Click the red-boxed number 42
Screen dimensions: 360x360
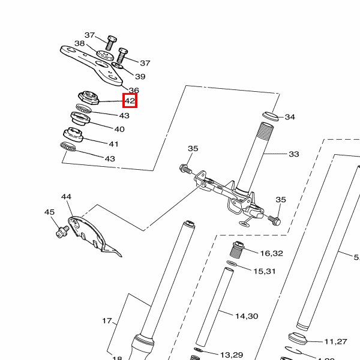130,101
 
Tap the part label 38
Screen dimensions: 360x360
80,44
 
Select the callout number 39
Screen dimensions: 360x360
140,77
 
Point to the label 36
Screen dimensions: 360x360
133,90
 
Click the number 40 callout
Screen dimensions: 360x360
119,129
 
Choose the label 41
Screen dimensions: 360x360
113,144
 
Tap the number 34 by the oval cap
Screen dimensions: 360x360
290,117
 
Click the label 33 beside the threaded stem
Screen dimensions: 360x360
293,154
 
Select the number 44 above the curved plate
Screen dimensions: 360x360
66,197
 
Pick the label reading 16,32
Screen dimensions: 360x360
271,253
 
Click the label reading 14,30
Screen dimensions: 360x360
246,316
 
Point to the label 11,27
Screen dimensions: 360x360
336,341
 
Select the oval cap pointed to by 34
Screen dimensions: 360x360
269,115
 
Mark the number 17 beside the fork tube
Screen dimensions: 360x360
107,321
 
